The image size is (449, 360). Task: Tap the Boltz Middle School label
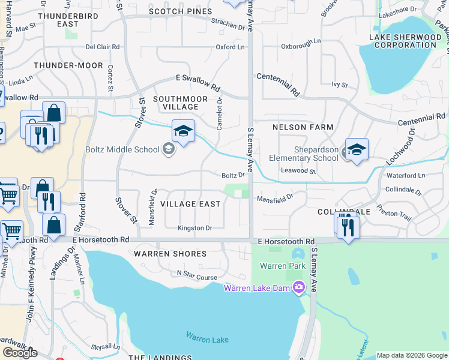tap(122, 149)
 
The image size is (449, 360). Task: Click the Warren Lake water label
tap(207, 338)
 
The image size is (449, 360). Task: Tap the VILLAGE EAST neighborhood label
tap(191, 204)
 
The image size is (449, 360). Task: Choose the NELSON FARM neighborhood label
tap(303, 127)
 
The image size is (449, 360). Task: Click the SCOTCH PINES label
tap(180, 11)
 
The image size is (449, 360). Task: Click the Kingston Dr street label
tap(195, 228)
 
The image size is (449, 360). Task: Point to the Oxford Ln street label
tap(231, 47)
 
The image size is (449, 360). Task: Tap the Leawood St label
tap(298, 171)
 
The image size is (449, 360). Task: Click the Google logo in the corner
tap(20, 352)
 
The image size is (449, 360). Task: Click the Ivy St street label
tap(340, 85)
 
